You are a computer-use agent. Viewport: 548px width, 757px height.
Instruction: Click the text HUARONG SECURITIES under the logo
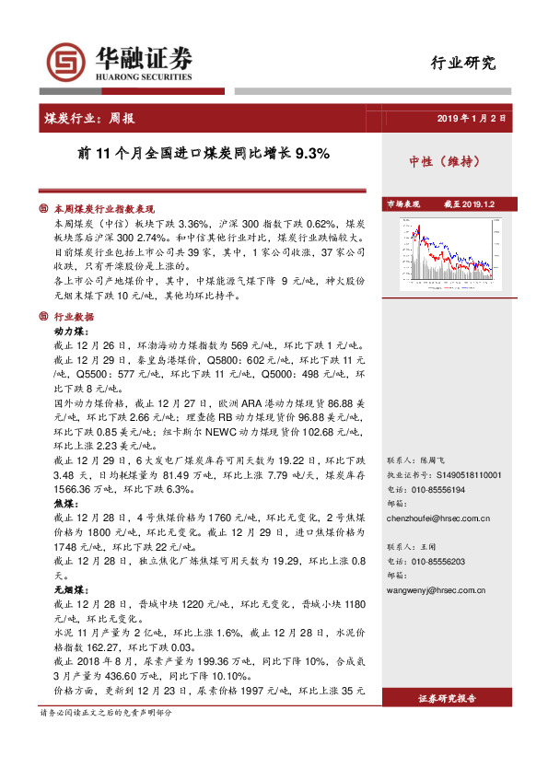coord(143,79)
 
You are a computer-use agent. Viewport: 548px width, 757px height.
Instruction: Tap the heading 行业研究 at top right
coord(463,64)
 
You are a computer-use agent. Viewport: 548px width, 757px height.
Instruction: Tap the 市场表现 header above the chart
coord(403,203)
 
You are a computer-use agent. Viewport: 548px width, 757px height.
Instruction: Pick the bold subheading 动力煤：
coord(72,331)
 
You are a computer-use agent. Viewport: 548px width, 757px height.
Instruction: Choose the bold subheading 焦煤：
coord(65,504)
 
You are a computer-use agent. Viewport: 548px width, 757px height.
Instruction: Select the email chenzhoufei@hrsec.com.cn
coord(437,518)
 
